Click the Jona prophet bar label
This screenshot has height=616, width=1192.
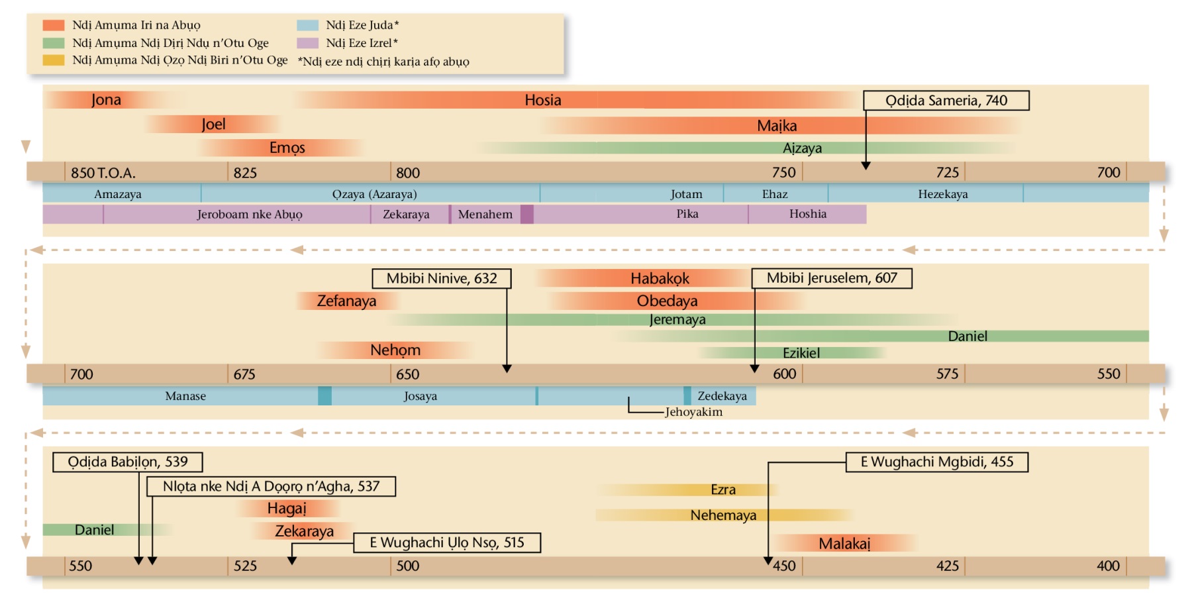coord(106,100)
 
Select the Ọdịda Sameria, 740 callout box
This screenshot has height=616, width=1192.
coord(946,101)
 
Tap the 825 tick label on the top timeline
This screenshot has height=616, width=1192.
coord(245,173)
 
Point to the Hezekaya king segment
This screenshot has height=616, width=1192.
coord(942,194)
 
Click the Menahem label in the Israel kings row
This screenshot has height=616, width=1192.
coord(485,214)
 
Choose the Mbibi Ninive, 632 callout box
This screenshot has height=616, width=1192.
coord(442,278)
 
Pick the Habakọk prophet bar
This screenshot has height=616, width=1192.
coord(660,278)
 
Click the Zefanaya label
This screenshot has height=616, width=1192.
coord(346,301)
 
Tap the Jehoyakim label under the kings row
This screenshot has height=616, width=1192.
coord(693,412)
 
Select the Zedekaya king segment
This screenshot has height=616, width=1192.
coord(722,396)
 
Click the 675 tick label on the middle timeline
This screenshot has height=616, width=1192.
coord(244,374)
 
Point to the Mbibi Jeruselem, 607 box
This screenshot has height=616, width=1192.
coord(832,278)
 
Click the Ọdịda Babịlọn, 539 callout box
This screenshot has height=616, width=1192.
coord(128,462)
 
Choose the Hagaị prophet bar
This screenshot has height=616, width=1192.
coord(287,508)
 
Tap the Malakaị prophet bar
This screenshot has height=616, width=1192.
coord(844,544)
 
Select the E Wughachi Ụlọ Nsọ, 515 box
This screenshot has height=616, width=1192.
coord(447,542)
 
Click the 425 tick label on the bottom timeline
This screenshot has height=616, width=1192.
coord(947,566)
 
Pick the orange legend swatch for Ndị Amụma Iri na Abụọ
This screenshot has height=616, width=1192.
coord(54,25)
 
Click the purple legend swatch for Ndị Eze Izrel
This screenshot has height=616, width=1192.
coord(308,43)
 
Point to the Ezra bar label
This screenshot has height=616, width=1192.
coord(723,489)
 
